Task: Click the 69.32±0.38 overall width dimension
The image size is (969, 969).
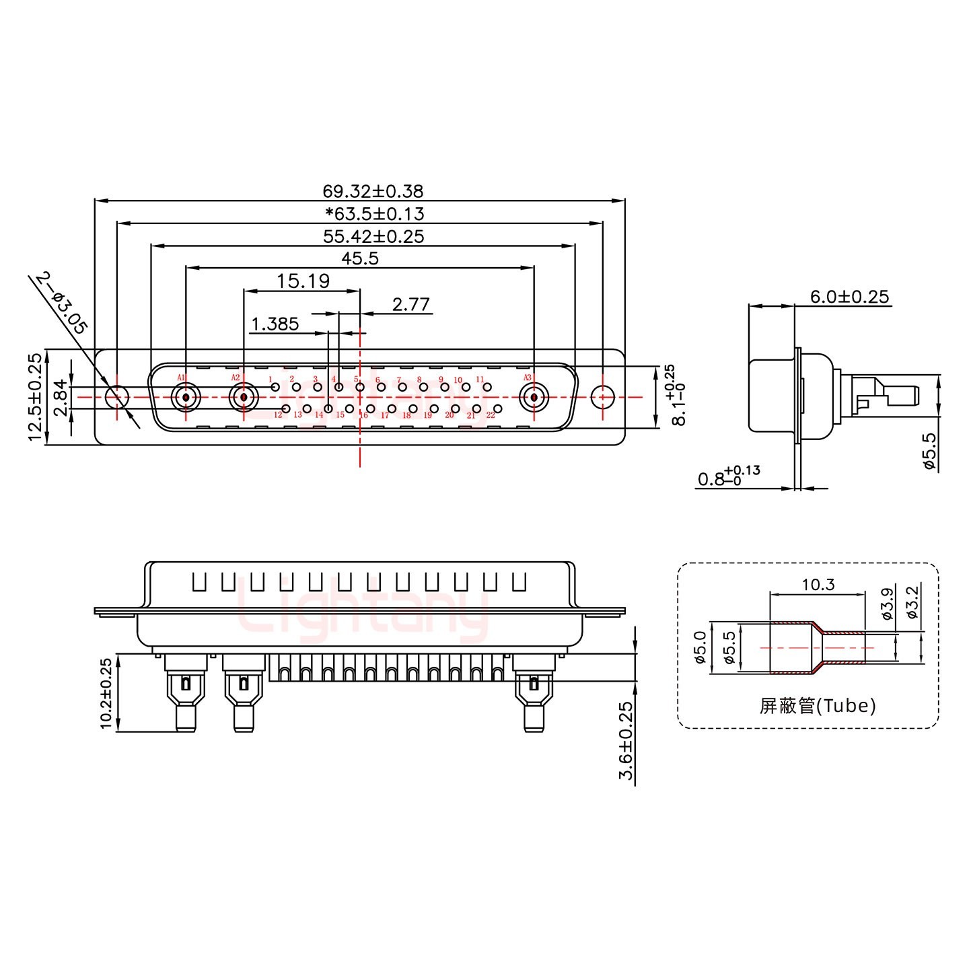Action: coord(373,192)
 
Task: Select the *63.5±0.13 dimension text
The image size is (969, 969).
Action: coord(374,214)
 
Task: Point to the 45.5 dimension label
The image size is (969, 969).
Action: coord(360,258)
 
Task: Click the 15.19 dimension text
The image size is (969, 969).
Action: coord(303,281)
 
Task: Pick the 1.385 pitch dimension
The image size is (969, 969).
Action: coord(275,324)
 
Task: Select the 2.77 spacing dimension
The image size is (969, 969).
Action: coord(410,305)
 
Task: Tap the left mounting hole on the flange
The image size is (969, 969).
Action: coord(117,398)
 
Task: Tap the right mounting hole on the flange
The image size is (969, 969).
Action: coord(602,398)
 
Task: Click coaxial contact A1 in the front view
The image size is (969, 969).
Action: coord(185,398)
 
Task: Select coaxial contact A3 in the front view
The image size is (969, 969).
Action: coord(534,398)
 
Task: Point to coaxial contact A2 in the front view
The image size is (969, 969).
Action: coord(243,398)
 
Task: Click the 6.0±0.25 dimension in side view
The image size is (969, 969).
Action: coord(849,297)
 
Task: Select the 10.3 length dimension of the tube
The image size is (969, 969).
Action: coord(818,585)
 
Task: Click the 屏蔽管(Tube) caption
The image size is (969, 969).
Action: coord(817,705)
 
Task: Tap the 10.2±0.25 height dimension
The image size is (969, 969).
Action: coord(106,693)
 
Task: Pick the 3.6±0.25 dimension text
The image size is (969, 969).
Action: coord(626,740)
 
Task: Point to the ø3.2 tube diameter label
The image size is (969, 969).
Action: coord(912,603)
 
